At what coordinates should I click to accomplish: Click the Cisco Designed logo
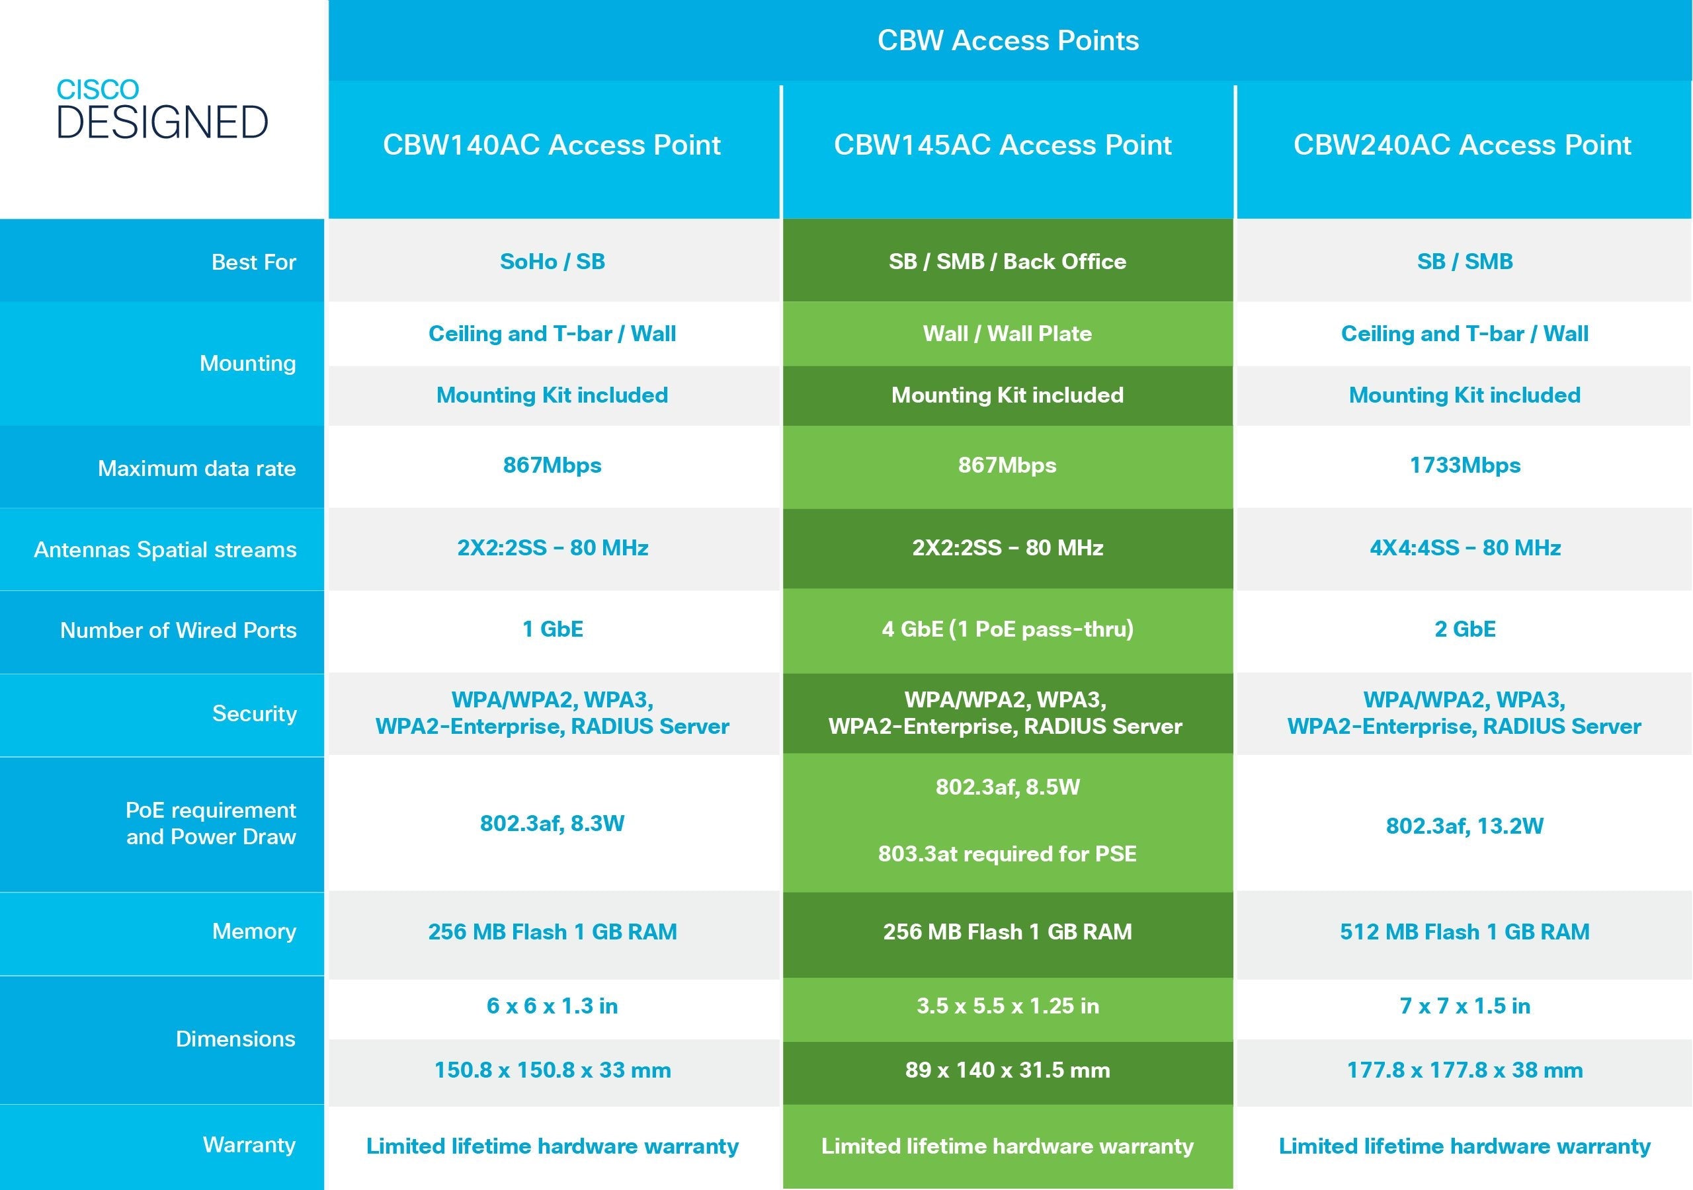point(162,109)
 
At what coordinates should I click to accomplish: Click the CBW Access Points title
point(1008,40)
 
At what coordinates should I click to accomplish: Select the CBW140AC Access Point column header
point(552,145)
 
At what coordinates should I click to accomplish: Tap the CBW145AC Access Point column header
point(1003,145)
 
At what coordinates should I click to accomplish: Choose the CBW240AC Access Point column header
point(1462,145)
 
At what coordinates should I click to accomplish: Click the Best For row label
point(254,262)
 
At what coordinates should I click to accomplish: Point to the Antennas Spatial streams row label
point(165,550)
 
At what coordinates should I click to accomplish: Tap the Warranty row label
point(249,1145)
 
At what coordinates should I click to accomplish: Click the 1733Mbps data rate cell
point(1464,465)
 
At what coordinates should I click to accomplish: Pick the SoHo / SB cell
point(552,262)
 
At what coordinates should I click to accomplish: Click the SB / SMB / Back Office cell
point(1007,262)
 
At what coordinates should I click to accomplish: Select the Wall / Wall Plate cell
point(1007,334)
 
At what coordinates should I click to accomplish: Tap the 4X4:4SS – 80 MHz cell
point(1464,548)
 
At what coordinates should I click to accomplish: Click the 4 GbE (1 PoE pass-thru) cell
point(1007,629)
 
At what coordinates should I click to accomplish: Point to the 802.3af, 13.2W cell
point(1464,826)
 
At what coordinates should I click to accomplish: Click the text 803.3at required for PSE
point(1007,853)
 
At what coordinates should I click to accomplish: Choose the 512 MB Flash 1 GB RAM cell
point(1464,932)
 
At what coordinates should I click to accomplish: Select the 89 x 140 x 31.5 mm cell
point(1007,1070)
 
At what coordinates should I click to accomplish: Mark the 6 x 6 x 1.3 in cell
point(552,1006)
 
